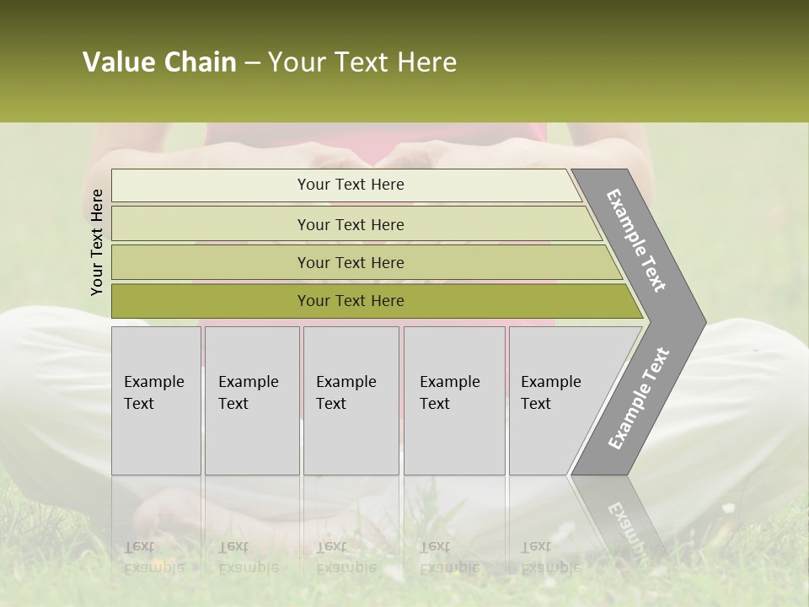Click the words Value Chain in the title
click(159, 62)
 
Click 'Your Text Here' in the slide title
click(362, 62)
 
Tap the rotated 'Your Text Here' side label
click(97, 242)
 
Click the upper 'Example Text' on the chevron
click(637, 240)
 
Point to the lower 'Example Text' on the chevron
click(639, 398)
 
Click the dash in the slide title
click(252, 63)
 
